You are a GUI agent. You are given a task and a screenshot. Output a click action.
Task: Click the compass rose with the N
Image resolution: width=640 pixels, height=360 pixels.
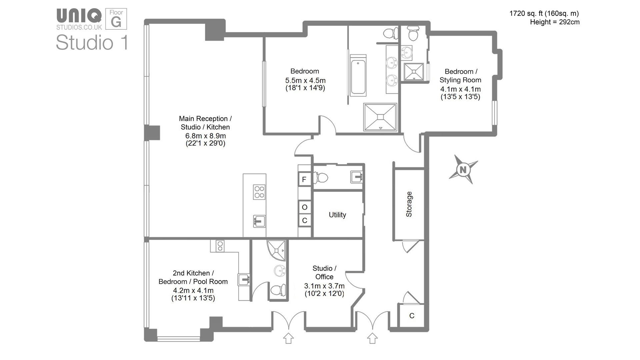coord(463,170)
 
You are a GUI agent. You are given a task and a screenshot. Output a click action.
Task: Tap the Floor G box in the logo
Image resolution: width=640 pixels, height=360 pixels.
coord(116,19)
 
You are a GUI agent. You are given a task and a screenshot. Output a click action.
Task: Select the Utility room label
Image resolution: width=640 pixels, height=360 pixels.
coord(337,215)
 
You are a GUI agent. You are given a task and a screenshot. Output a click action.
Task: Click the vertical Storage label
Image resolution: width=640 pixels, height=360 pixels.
coord(409,204)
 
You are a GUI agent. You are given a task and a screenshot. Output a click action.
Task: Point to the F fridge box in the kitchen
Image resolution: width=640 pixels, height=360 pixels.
coord(304,180)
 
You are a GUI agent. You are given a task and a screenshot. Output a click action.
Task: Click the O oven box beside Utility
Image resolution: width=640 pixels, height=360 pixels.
coord(304,207)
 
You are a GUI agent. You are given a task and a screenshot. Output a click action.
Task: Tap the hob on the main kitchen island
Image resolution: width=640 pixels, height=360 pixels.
coord(259,192)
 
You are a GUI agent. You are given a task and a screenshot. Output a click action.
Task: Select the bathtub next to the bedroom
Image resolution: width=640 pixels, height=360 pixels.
coord(358,77)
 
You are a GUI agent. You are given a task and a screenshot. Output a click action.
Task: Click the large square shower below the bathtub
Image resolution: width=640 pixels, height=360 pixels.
coord(380,117)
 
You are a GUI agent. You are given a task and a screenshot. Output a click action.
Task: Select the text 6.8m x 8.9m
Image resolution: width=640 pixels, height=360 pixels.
coord(205,136)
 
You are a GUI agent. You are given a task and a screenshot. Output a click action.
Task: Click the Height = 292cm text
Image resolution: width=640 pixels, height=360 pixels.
coord(555,22)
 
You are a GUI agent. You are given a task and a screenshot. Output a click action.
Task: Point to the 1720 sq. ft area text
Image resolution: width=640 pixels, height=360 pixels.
coord(544,14)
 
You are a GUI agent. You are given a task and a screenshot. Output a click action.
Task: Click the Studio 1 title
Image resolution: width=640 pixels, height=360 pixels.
coord(92,43)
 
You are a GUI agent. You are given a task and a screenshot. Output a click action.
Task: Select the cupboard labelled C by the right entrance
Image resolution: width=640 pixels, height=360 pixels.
coord(412,316)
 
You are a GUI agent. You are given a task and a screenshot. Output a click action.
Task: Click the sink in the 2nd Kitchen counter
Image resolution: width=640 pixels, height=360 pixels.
coord(244,279)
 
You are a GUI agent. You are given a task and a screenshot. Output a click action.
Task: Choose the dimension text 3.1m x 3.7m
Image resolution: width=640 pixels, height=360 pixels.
coord(324,286)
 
